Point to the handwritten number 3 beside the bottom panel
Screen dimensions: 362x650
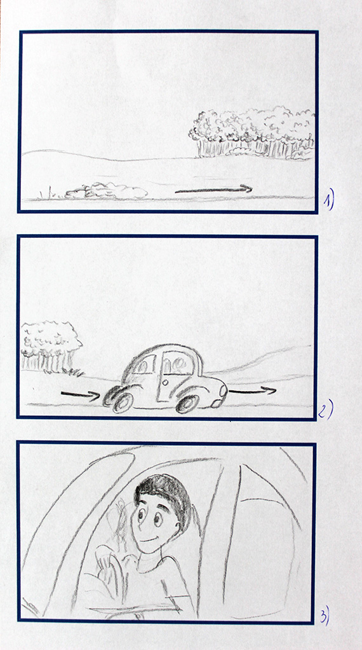[x=324, y=616]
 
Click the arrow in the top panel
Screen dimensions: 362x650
[x=213, y=190]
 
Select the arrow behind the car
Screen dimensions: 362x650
[x=81, y=394]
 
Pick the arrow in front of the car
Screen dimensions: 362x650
[x=252, y=391]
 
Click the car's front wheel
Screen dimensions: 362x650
[x=188, y=404]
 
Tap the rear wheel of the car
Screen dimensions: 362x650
[x=123, y=402]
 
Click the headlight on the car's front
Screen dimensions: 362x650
[x=224, y=391]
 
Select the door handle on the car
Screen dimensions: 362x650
[x=166, y=382]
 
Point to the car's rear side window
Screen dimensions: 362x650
[x=143, y=365]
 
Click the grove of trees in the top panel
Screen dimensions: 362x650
[x=252, y=134]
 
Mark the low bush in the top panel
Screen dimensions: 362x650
[x=106, y=191]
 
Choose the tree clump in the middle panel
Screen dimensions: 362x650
[x=51, y=347]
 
